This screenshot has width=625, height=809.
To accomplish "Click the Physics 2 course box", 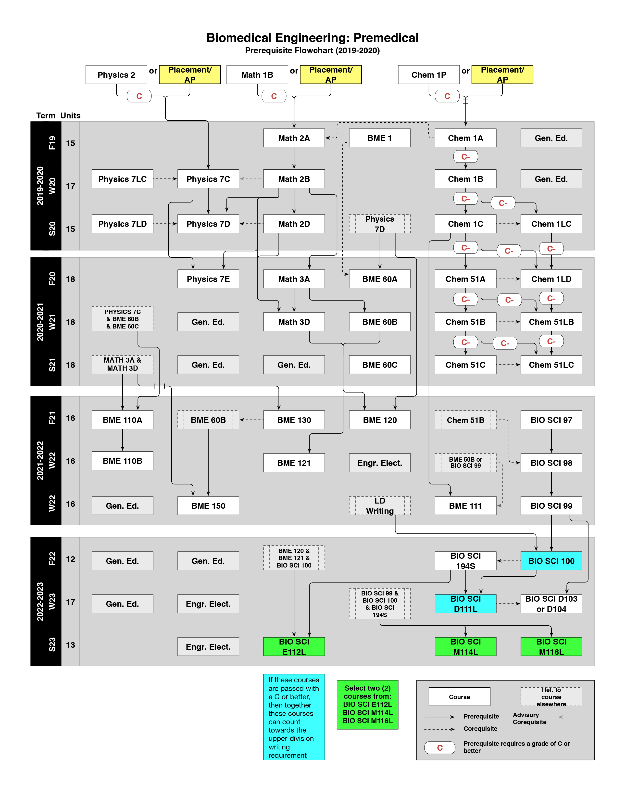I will (x=116, y=75).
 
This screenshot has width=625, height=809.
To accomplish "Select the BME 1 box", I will (x=379, y=138).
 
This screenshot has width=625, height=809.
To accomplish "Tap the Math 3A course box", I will (x=294, y=279).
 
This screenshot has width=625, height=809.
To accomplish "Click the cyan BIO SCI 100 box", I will (x=551, y=561).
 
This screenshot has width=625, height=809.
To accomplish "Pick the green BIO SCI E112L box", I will (x=294, y=646).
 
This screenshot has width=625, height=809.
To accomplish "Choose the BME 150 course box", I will (x=208, y=506).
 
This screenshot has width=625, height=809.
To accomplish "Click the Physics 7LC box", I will (x=122, y=179).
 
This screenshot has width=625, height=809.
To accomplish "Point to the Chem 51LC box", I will (x=551, y=365).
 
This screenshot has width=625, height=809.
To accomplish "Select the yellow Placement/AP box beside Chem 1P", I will (x=502, y=75).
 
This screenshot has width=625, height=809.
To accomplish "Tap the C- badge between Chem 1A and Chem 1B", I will (x=465, y=157).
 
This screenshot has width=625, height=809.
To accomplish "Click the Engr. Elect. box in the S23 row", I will (x=208, y=647).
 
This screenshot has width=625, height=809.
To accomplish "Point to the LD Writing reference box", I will (x=379, y=506).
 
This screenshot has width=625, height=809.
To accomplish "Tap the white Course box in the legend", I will (x=459, y=697).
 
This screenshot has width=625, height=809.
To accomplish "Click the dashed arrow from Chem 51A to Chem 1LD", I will (x=508, y=279).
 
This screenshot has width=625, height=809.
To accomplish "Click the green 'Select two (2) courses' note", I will (x=367, y=704).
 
